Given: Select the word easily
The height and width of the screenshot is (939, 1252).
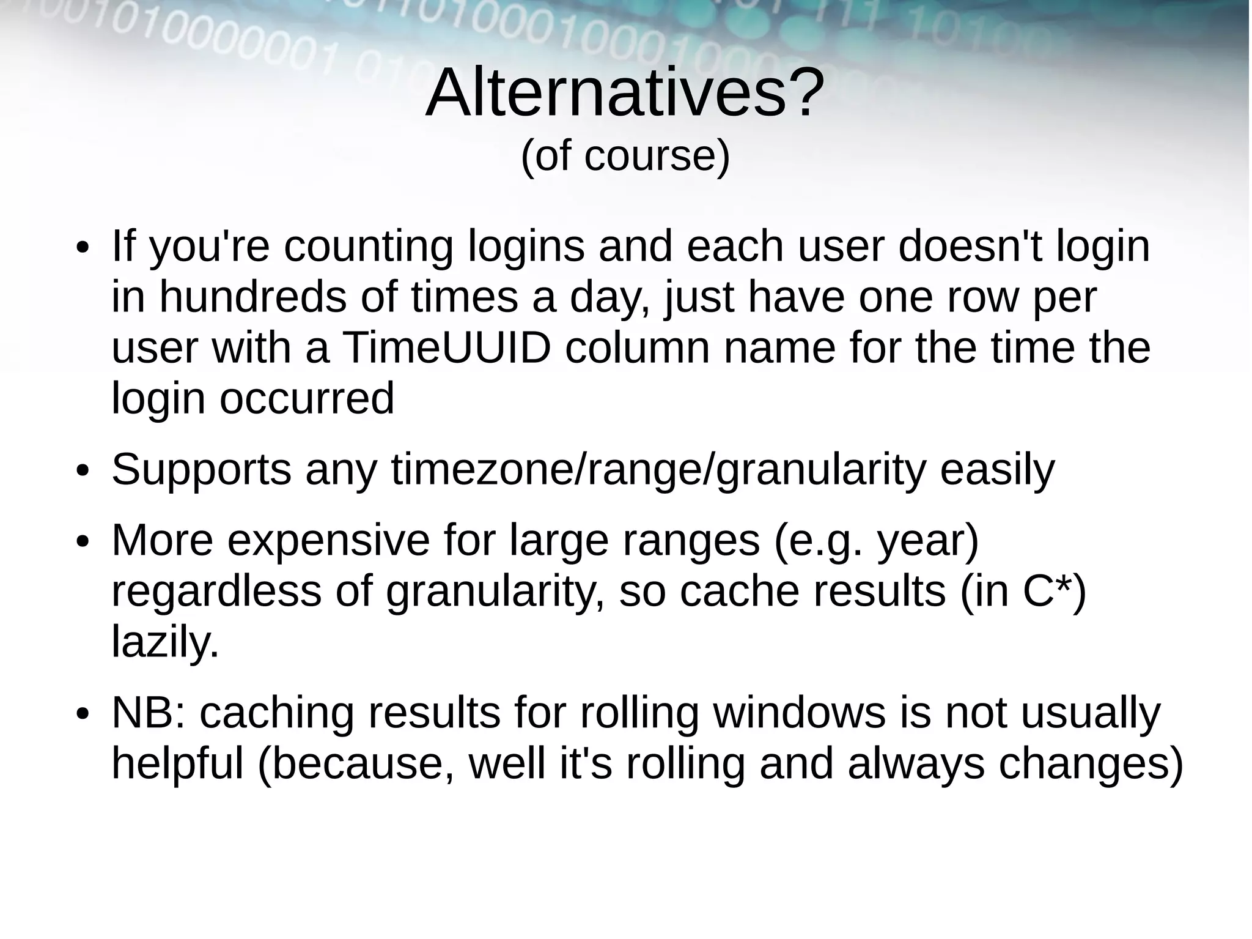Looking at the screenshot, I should (x=997, y=470).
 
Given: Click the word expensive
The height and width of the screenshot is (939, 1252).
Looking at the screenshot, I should (x=329, y=541).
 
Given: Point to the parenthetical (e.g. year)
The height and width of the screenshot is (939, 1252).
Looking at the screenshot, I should (x=876, y=541).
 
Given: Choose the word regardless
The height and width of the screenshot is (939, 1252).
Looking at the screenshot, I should (x=216, y=592).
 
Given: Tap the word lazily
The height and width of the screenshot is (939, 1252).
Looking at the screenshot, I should (x=164, y=642).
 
